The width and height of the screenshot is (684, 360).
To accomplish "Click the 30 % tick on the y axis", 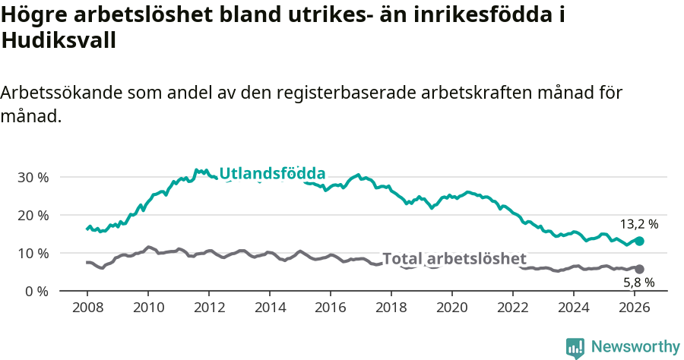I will tap(33, 177).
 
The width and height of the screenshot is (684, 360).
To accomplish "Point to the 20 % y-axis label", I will tap(33, 215).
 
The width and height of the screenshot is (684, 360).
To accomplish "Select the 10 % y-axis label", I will tap(33, 253).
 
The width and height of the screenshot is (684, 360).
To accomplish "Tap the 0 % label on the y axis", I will tap(36, 291).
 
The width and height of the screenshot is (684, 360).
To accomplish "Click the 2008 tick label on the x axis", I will tap(87, 308).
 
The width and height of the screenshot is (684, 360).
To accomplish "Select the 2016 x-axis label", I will tap(331, 308).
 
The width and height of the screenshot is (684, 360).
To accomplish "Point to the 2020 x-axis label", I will tap(452, 308).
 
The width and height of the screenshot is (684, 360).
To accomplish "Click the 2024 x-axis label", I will tap(574, 308).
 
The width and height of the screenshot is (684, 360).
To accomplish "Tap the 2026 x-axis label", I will tap(635, 308).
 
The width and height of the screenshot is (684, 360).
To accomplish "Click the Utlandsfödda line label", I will tap(272, 173).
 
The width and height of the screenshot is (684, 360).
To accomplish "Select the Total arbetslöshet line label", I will tap(454, 258).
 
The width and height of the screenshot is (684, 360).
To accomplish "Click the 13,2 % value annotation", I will tap(639, 224).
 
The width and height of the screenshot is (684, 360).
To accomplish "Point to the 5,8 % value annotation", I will tap(639, 283).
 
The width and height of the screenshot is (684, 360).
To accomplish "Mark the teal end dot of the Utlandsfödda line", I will tap(639, 241).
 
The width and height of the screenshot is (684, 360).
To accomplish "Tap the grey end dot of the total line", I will tap(639, 269).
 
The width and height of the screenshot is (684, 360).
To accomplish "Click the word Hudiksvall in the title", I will tap(59, 41).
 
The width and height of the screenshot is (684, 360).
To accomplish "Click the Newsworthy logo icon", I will tap(575, 348).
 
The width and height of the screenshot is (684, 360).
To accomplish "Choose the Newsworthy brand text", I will tap(635, 347).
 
